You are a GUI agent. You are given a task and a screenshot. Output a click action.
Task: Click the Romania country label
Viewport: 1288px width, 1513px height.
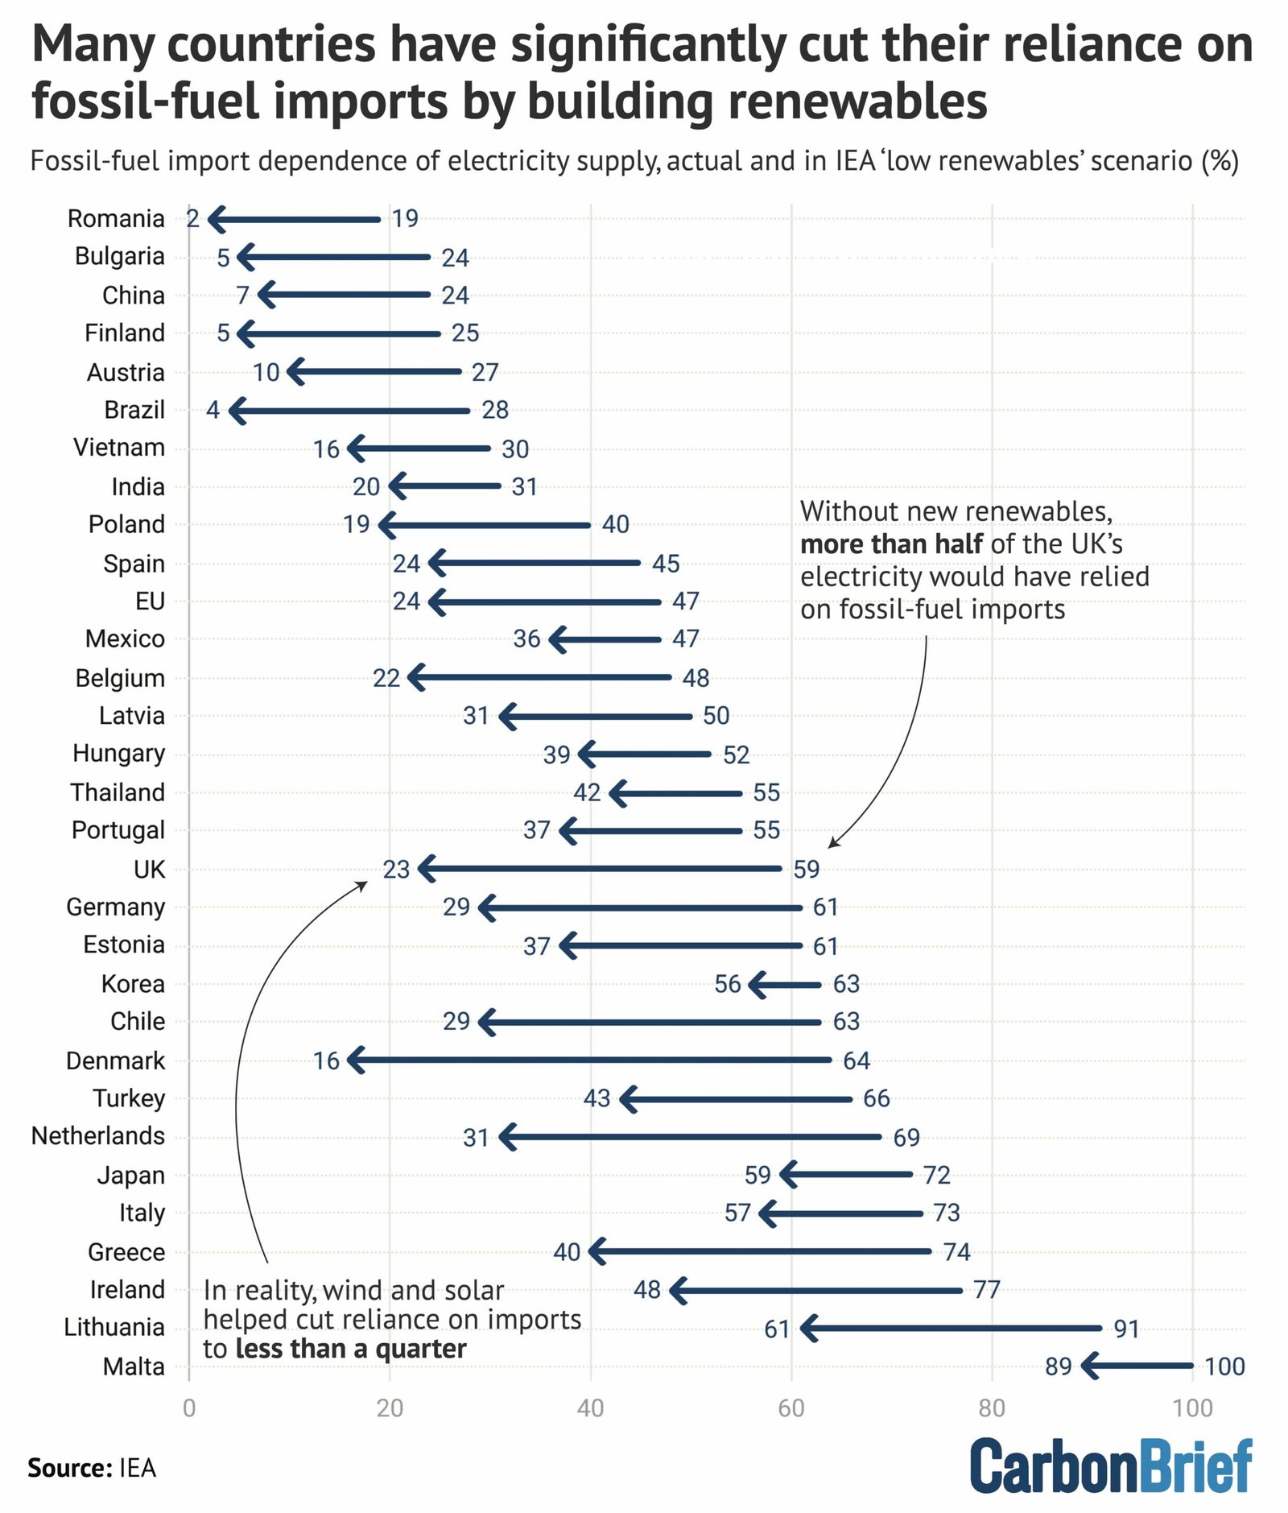click(x=116, y=218)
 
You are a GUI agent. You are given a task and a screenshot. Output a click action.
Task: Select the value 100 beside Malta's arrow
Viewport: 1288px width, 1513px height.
click(x=1224, y=1366)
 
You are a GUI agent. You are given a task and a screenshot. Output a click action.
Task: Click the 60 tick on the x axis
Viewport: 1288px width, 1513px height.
click(x=791, y=1408)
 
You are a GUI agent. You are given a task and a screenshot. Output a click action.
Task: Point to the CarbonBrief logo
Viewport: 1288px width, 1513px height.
click(x=1111, y=1466)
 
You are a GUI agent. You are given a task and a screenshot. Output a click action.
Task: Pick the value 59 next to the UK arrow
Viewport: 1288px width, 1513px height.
click(x=806, y=870)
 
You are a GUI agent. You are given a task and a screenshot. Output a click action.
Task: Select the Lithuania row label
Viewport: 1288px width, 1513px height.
click(x=114, y=1327)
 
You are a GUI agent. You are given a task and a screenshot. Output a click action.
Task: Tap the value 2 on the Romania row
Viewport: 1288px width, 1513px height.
click(x=192, y=218)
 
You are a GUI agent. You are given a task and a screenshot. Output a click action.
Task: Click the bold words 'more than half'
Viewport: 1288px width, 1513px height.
click(x=891, y=544)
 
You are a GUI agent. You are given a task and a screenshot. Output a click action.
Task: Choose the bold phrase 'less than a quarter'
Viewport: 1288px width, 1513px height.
click(x=351, y=1349)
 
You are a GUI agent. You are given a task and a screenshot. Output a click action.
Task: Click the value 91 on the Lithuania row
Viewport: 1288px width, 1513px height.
click(x=1126, y=1329)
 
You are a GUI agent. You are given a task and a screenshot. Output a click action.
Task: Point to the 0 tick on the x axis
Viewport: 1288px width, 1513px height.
click(x=189, y=1408)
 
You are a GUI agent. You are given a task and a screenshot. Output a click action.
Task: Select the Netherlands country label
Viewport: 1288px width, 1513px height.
click(x=98, y=1136)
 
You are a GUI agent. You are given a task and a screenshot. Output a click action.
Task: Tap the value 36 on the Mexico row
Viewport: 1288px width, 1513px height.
click(x=526, y=639)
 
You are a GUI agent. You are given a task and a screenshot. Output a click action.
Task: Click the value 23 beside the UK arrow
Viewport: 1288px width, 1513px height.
click(x=396, y=870)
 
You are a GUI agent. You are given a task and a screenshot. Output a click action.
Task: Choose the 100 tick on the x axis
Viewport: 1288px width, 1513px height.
click(x=1192, y=1408)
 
